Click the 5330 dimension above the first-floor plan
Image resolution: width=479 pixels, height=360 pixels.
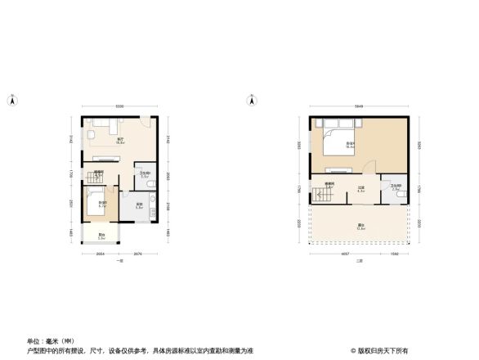(x=119, y=107)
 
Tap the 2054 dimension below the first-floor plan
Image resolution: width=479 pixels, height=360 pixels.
(x=100, y=254)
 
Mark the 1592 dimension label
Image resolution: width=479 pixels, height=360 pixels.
(x=395, y=254)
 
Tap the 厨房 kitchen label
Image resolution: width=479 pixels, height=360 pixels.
(x=140, y=205)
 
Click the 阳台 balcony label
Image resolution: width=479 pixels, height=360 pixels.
(x=101, y=237)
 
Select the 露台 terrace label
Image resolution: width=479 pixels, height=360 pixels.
(x=360, y=227)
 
